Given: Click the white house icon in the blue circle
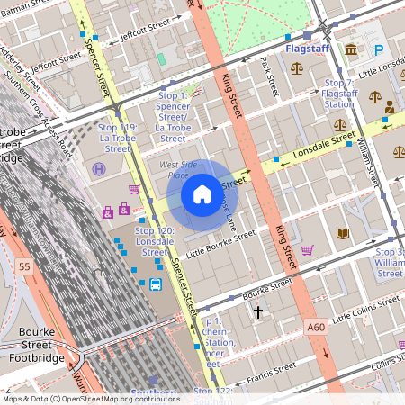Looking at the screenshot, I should pyautogui.click(x=202, y=193).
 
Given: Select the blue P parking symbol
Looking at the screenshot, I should pyautogui.click(x=379, y=50).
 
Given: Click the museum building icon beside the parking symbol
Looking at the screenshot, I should pyautogui.click(x=350, y=49).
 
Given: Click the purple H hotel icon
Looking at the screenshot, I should pyautogui.click(x=98, y=168).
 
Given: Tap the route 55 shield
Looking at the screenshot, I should pyautogui.click(x=23, y=266).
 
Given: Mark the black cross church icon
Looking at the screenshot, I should pyautogui.click(x=258, y=312).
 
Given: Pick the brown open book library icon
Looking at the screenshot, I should pyautogui.click(x=342, y=234).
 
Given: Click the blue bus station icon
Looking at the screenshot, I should pyautogui.click(x=155, y=285).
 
